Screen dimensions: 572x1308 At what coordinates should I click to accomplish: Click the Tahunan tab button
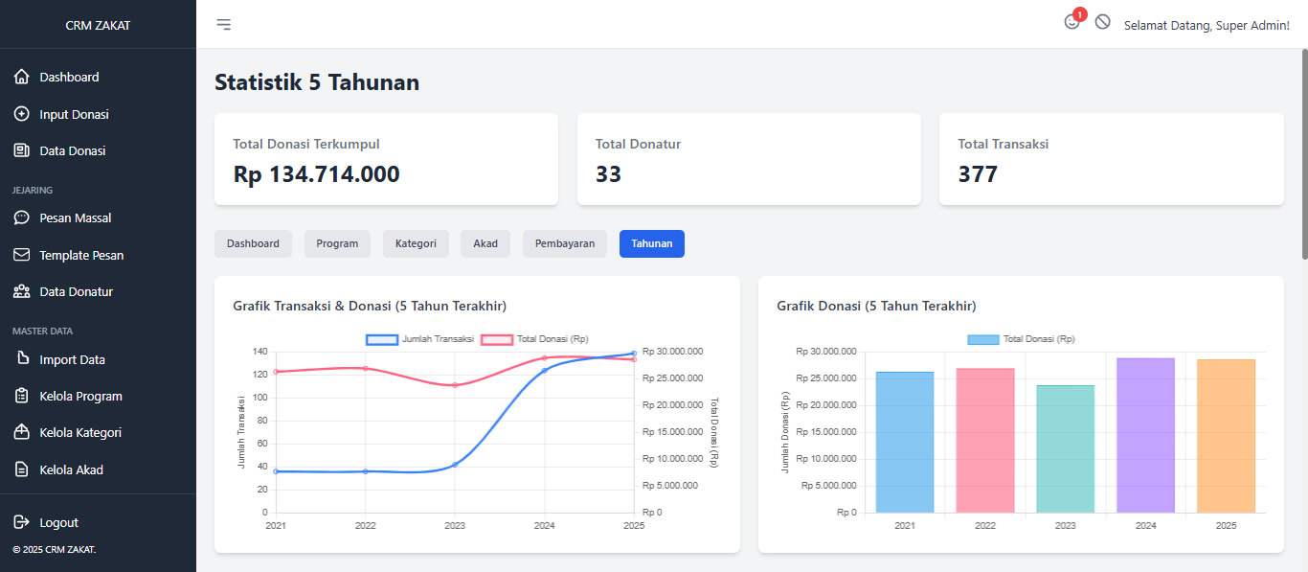pyautogui.click(x=651, y=243)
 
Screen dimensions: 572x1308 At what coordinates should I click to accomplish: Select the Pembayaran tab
pyautogui.click(x=565, y=243)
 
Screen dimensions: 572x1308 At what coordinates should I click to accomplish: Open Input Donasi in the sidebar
pyautogui.click(x=74, y=114)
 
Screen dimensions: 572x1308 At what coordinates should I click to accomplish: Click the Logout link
pyautogui.click(x=58, y=522)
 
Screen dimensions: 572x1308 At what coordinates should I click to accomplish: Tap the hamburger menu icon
pyautogui.click(x=223, y=24)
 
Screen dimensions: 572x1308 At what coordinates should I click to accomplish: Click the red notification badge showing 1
pyautogui.click(x=1080, y=14)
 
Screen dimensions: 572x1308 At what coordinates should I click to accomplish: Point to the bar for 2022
pyautogui.click(x=984, y=441)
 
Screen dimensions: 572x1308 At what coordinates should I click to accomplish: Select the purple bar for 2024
pyautogui.click(x=1145, y=436)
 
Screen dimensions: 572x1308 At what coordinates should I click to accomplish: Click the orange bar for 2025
pyautogui.click(x=1226, y=436)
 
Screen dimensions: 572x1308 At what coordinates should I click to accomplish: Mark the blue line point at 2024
pyautogui.click(x=545, y=371)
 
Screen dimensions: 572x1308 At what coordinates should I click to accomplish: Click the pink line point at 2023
pyautogui.click(x=455, y=385)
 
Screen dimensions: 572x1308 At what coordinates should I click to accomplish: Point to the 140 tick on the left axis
pyautogui.click(x=259, y=352)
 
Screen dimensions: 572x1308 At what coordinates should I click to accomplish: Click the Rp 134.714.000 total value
pyautogui.click(x=316, y=174)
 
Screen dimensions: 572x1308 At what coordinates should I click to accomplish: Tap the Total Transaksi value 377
pyautogui.click(x=978, y=174)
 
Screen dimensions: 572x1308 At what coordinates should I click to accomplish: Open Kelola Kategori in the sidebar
pyautogui.click(x=80, y=432)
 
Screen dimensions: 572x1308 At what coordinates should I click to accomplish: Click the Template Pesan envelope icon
pyautogui.click(x=22, y=255)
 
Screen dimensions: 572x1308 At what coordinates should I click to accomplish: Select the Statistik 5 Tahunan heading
pyautogui.click(x=317, y=82)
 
